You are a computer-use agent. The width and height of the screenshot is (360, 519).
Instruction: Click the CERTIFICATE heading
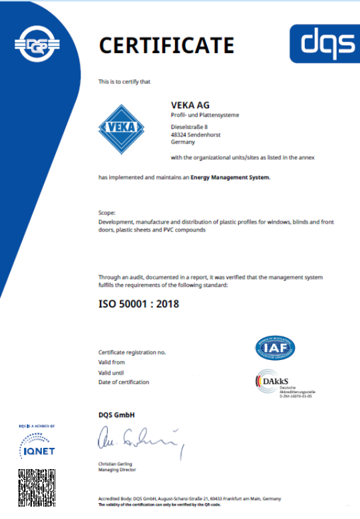tap(166, 45)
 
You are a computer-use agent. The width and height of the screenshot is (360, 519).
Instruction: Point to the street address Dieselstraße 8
tap(190, 126)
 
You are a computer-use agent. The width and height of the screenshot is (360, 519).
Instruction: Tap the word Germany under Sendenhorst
tap(183, 142)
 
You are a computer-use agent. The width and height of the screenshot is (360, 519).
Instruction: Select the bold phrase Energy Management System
tap(230, 178)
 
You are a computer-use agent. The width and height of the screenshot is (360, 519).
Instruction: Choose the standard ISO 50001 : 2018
tap(138, 305)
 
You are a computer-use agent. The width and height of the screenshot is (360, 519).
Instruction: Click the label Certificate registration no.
tap(132, 352)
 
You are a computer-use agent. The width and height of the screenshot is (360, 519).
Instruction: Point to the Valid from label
tap(111, 363)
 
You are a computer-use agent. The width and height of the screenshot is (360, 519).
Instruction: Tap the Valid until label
tap(111, 373)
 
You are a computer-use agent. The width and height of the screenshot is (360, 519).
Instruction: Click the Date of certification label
tap(124, 382)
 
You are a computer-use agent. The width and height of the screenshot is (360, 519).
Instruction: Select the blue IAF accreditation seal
tap(275, 348)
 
